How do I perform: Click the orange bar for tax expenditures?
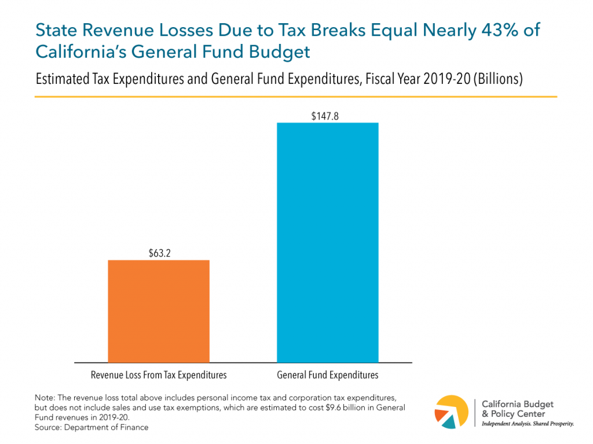159,311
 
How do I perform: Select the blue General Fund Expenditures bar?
328,242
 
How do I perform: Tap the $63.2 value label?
159,253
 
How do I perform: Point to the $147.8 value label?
328,116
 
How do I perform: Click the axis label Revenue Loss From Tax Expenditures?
159,375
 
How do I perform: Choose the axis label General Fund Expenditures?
328,375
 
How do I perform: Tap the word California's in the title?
75,51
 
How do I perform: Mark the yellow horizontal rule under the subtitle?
296,97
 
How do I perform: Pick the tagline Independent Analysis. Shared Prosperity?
528,424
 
